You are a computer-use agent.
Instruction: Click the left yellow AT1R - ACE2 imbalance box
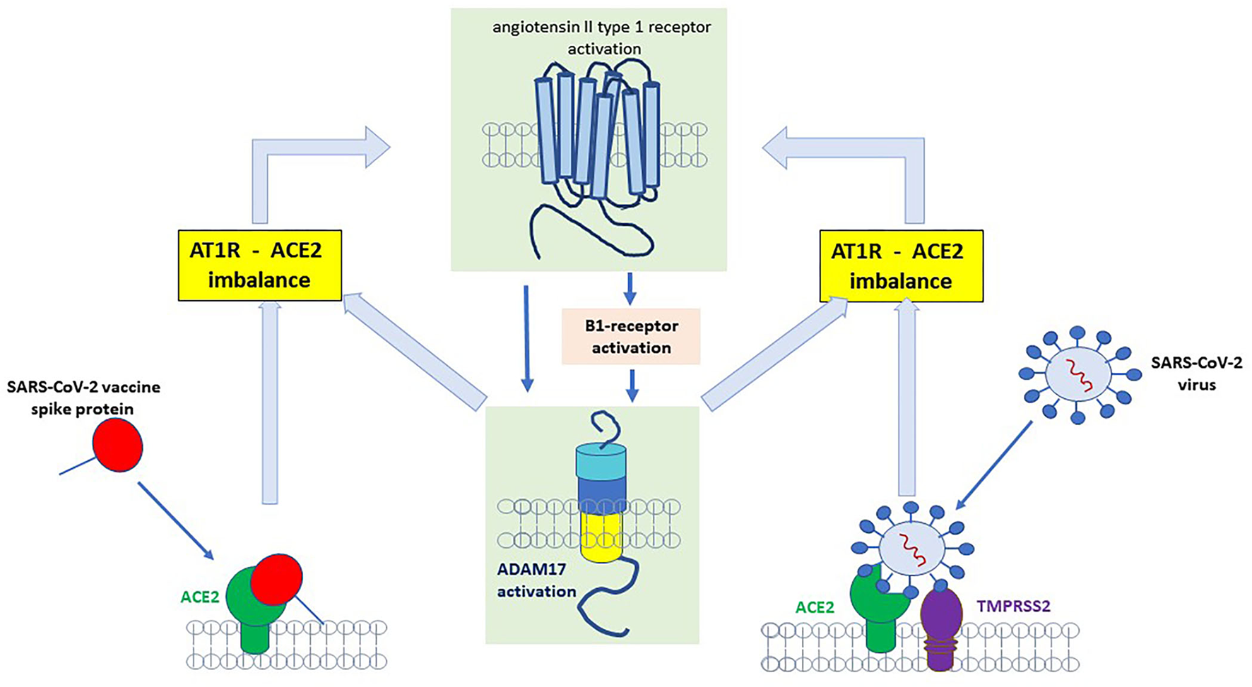(259, 265)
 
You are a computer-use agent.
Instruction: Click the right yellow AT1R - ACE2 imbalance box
(901, 266)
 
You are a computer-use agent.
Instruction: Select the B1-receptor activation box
(631, 337)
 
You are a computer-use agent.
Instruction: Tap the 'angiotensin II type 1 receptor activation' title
(603, 37)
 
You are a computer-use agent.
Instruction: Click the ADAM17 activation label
(536, 580)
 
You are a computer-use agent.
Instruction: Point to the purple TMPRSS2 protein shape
(941, 621)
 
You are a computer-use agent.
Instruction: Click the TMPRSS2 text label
(1013, 606)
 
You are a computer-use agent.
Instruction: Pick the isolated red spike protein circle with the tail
(118, 444)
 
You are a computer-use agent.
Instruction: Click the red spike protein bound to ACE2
(276, 580)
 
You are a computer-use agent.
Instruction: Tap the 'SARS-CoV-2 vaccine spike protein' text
(83, 398)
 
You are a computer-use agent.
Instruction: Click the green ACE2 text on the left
(200, 597)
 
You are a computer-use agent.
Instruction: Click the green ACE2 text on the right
(814, 607)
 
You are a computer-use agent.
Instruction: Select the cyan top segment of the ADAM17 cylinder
(601, 462)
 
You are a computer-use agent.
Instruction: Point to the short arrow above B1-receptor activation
(630, 288)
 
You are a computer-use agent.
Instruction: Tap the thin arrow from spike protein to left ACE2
(175, 520)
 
